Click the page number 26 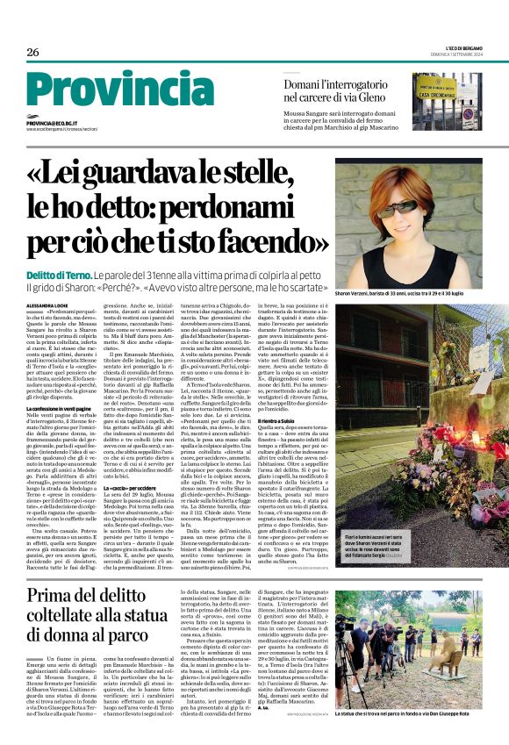point(33,53)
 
